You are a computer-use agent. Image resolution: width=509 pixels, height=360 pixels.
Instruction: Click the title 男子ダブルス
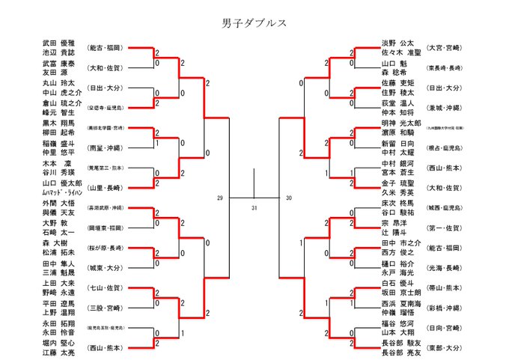pyautogui.click(x=255, y=22)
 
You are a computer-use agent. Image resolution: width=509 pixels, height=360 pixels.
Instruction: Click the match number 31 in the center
pyautogui.click(x=254, y=207)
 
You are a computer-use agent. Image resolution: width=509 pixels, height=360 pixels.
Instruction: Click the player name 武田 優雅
pyautogui.click(x=59, y=43)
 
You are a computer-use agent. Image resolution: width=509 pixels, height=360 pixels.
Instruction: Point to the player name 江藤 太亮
pyautogui.click(x=59, y=352)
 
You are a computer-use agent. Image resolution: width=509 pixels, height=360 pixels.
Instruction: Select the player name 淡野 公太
pyautogui.click(x=398, y=43)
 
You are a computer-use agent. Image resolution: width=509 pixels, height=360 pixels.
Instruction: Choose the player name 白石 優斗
pyautogui.click(x=398, y=284)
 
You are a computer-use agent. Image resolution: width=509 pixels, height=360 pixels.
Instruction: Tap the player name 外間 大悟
pyautogui.click(x=59, y=203)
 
